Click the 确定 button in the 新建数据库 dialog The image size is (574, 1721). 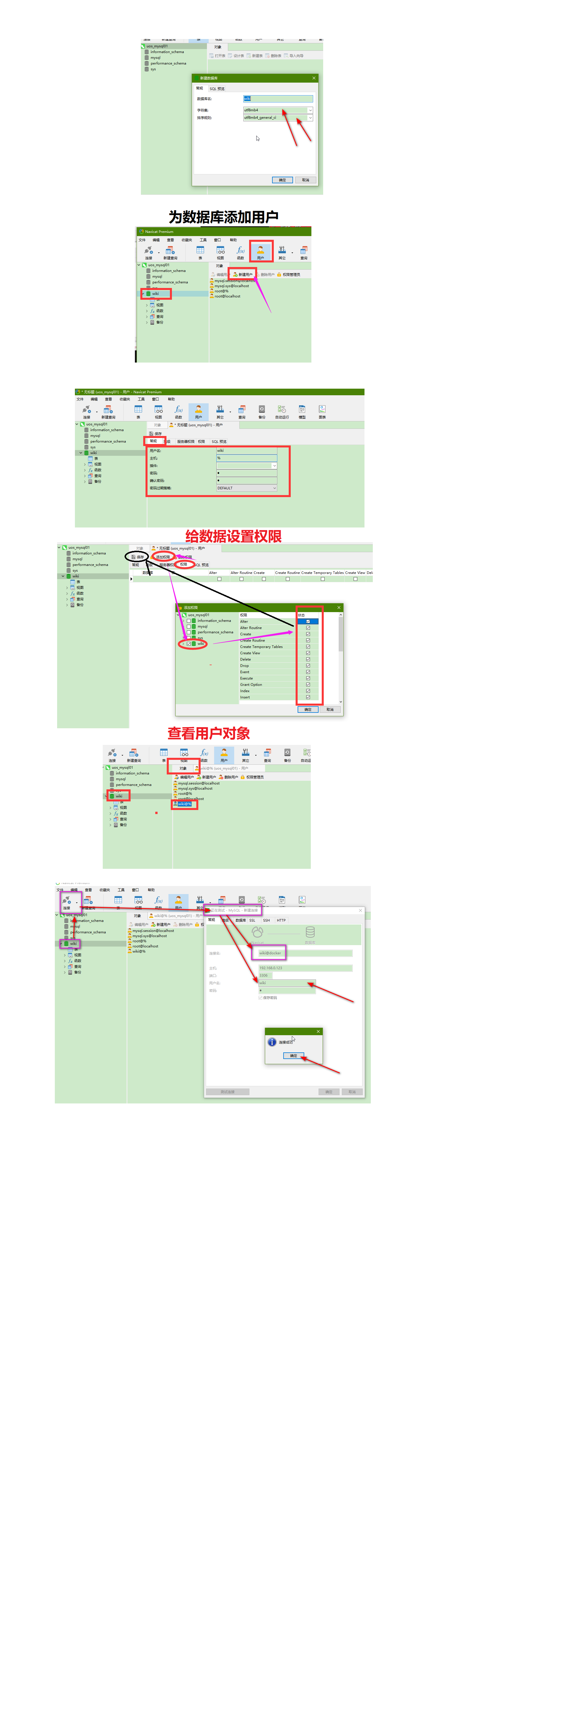[x=282, y=180]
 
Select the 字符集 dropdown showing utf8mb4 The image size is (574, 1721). [x=277, y=110]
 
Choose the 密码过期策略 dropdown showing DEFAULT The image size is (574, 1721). [x=246, y=488]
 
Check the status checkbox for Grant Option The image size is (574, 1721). [x=308, y=685]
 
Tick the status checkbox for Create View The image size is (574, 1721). [x=308, y=653]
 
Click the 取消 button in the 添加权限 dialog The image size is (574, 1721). [x=329, y=710]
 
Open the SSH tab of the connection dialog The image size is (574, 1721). [x=266, y=920]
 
